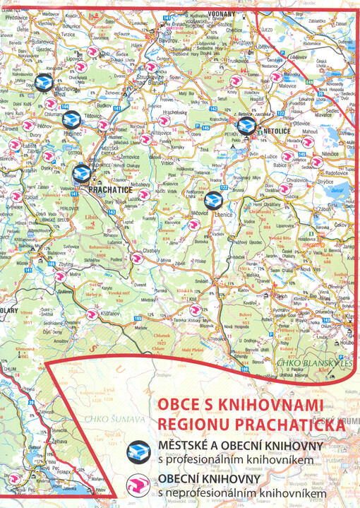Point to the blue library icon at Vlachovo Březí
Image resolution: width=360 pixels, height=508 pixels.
[x=44, y=83]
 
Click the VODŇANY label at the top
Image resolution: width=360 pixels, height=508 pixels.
[x=221, y=14]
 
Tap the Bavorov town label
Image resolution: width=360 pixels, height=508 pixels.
[x=169, y=40]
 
